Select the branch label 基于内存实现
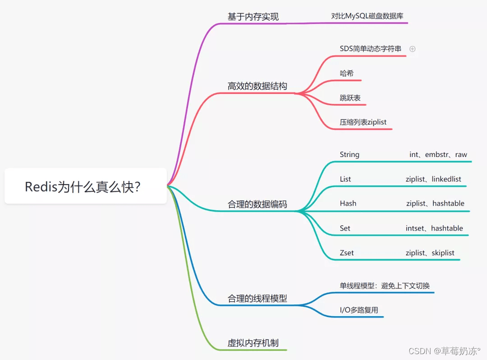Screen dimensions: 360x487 pos(253,17)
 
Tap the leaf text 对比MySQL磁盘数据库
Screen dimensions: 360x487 pos(367,16)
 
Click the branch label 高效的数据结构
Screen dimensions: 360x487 pos(257,86)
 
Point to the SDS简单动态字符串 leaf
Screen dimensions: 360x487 pos(370,48)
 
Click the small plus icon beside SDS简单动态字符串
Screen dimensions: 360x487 pos(412,49)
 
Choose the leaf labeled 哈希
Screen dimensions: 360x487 pos(346,73)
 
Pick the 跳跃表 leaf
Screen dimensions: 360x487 pos(350,97)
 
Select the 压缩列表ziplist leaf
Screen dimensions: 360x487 pos(363,122)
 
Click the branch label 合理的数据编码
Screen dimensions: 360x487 pos(257,204)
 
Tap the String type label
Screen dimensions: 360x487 pos(349,154)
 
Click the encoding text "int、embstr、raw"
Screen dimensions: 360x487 pos(438,154)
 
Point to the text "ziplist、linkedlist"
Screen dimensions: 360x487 pos(433,179)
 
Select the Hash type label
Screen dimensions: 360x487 pos(348,203)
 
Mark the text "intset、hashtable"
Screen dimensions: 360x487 pos(434,228)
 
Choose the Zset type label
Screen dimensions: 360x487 pos(346,253)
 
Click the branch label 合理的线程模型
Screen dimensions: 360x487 pos(257,298)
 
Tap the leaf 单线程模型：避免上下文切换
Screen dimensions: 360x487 pos(384,286)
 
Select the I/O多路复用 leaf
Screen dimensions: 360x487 pos(358,310)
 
